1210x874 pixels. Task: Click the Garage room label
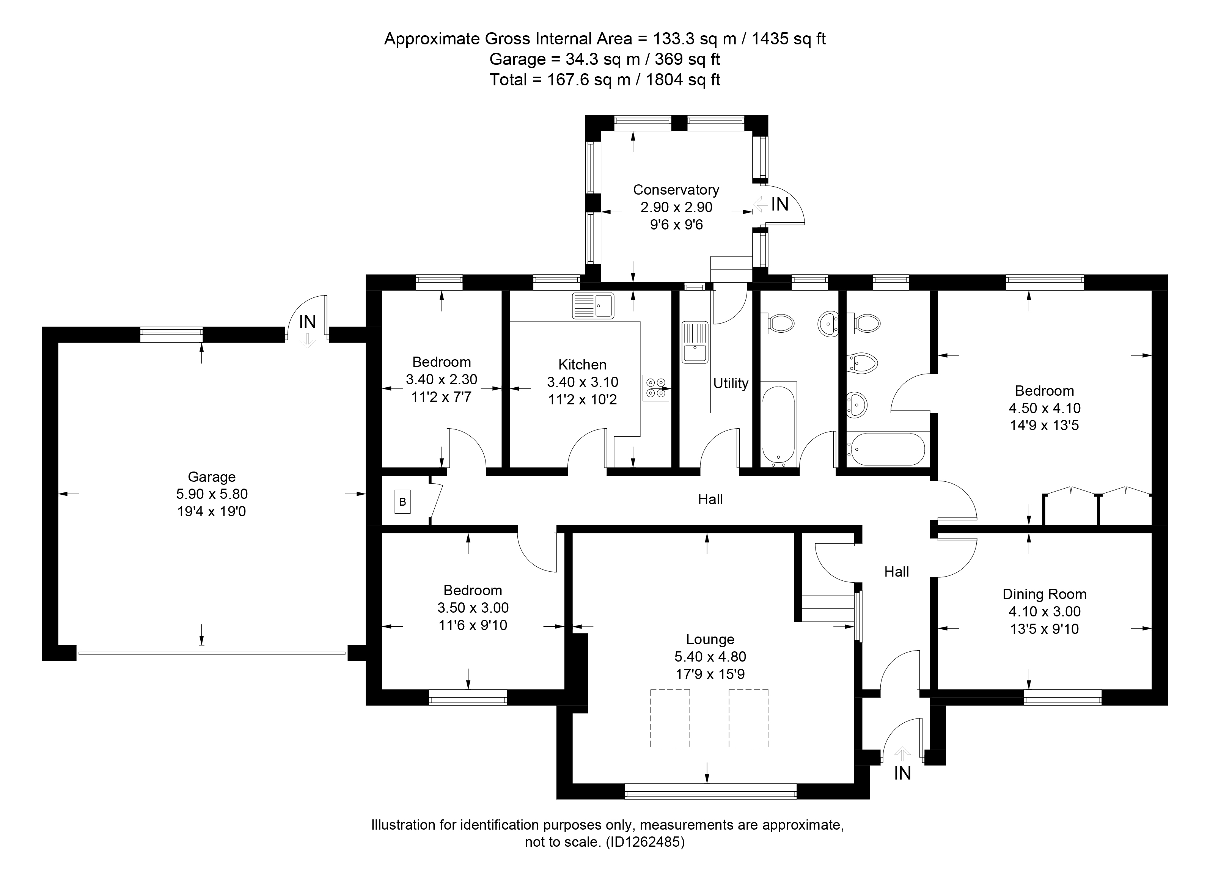coord(212,476)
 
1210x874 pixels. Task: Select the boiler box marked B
coord(403,501)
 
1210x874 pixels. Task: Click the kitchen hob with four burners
coord(656,388)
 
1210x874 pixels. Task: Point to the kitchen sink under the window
coord(593,306)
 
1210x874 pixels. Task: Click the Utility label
coord(731,383)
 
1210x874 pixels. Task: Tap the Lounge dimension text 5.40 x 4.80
coord(710,657)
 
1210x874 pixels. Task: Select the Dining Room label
coord(1045,594)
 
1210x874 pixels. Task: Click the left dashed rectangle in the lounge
coord(670,718)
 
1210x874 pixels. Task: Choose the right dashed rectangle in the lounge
coord(748,718)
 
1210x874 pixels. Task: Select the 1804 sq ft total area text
coord(684,80)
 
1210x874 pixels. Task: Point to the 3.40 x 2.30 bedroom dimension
coord(442,379)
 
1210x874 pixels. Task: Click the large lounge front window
coord(710,791)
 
